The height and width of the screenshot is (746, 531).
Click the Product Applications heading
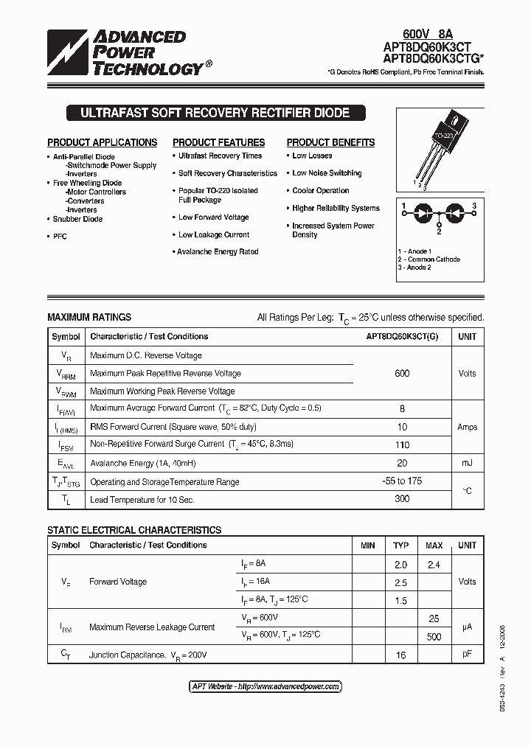(102, 142)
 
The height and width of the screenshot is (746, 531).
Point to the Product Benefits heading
(330, 142)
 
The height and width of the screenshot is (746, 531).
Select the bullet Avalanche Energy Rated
(218, 252)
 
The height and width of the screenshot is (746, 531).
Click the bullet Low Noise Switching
(327, 173)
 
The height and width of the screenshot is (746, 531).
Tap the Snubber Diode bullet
(77, 219)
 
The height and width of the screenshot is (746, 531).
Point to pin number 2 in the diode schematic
(439, 231)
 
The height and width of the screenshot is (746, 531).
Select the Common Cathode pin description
(431, 259)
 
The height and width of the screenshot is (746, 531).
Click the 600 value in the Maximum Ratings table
(402, 374)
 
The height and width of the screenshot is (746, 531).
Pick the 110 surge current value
(402, 445)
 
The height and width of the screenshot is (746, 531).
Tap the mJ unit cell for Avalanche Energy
(467, 463)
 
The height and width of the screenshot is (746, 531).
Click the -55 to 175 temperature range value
(402, 481)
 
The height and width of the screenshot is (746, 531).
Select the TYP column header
(400, 545)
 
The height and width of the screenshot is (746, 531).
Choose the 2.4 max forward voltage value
(434, 565)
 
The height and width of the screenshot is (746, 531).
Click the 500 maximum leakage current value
(434, 636)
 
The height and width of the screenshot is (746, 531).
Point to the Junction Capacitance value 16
(400, 655)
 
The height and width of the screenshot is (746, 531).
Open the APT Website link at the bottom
(265, 686)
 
